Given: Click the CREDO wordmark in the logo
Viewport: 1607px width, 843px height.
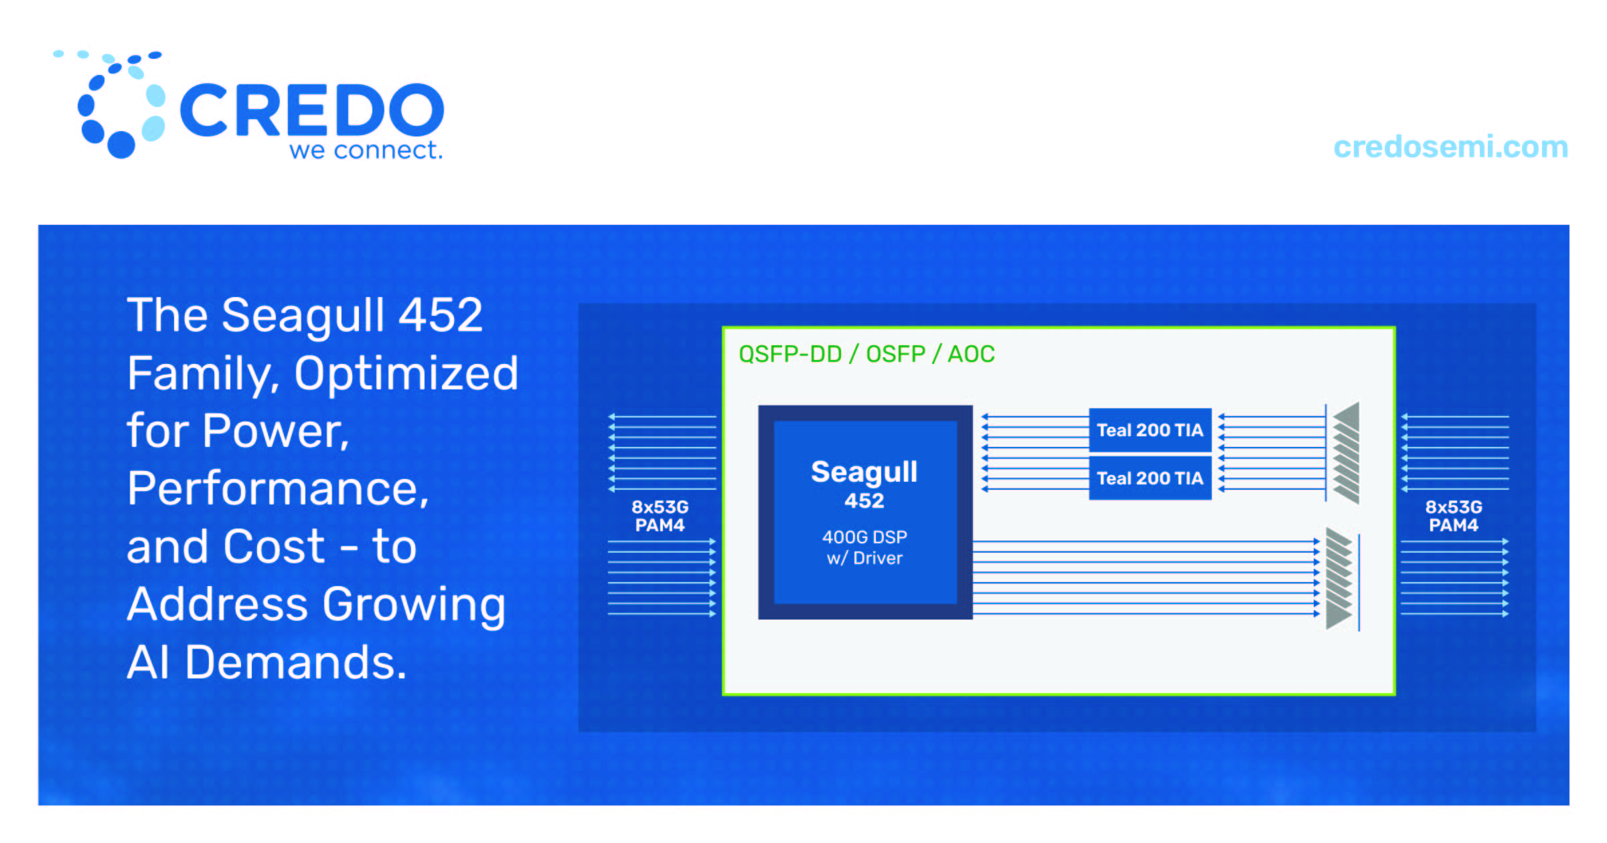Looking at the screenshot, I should (311, 110).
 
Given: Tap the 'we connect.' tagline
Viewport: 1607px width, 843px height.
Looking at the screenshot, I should (366, 151).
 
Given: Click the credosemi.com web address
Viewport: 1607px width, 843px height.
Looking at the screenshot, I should (1450, 147).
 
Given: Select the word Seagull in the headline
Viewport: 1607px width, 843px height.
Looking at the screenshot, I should (303, 316).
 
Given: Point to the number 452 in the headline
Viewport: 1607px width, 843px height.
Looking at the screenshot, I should (441, 316).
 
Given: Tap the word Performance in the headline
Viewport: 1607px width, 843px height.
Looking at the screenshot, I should (277, 489).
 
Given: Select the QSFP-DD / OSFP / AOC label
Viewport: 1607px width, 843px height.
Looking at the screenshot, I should (866, 354).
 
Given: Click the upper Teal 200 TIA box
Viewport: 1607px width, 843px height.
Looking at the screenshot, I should (1150, 430).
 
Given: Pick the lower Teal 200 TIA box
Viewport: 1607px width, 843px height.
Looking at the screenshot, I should (1150, 478).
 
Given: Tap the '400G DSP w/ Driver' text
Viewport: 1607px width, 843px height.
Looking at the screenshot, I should (864, 547).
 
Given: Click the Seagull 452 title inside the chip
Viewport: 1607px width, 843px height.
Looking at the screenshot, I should (864, 484).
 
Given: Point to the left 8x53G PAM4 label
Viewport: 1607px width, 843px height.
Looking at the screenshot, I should (660, 516).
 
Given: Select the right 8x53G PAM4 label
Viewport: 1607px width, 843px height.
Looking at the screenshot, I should (1453, 516).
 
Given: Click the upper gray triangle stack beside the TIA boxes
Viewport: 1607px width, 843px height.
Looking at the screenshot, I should (1346, 453).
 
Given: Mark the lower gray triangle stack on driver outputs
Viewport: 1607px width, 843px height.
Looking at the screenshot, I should (1339, 579).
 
